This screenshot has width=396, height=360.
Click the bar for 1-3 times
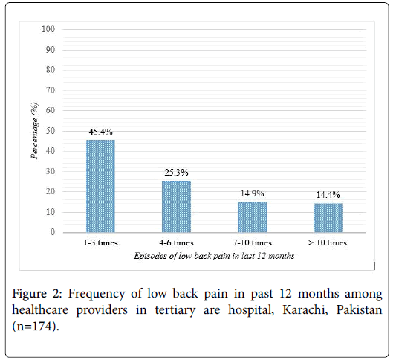point(100,186)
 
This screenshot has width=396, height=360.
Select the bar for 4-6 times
point(176,207)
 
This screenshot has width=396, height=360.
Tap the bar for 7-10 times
point(252,217)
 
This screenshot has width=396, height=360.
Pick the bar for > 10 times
point(328,218)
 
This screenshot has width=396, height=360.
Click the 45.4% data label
point(100,132)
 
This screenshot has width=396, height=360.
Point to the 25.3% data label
point(176,173)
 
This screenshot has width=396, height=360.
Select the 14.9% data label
point(252,193)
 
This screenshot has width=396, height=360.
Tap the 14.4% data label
point(328,195)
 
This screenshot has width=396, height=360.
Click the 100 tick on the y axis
point(48,29)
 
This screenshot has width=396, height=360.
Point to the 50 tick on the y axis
point(51,131)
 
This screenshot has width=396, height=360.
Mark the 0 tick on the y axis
point(53,232)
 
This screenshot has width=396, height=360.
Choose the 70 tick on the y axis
point(51,90)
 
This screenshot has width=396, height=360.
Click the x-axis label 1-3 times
point(101,243)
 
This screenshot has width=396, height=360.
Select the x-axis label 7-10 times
point(252,243)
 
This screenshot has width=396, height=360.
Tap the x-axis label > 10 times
point(328,243)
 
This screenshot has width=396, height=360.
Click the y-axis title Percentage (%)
point(35,131)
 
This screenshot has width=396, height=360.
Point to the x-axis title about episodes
point(214,256)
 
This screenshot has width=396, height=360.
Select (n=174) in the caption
point(36,326)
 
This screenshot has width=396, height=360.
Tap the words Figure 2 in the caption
point(37,294)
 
